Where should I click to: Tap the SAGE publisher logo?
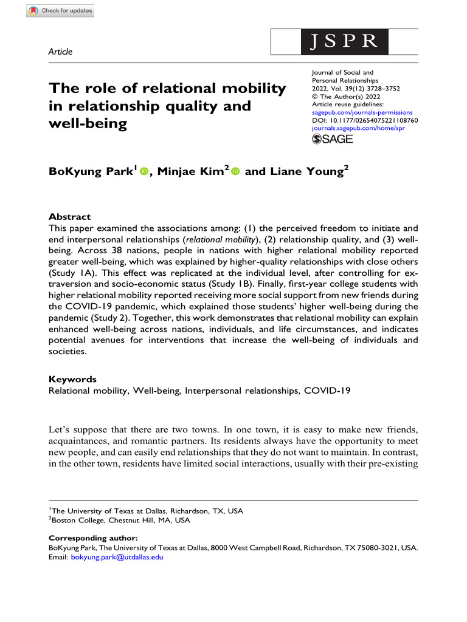coord(333,139)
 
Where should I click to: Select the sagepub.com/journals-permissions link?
coord(362,112)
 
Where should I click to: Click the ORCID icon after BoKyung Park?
coord(144,173)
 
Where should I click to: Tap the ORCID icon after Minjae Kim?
coord(235,173)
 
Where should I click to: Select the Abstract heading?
coord(69,217)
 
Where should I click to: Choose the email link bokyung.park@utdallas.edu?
coord(117,556)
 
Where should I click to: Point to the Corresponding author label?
coord(93,538)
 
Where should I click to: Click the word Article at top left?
coord(60,52)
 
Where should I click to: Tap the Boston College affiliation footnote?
coord(120,521)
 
